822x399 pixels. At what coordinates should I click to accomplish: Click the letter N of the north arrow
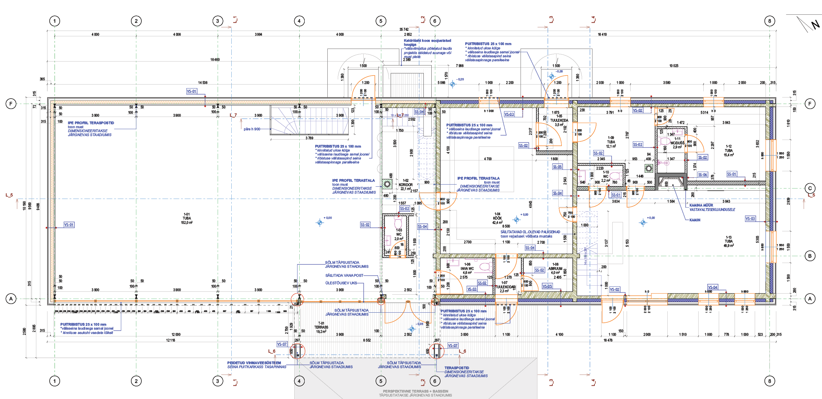click(815, 25)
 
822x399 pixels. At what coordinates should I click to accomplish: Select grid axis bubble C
click(810, 188)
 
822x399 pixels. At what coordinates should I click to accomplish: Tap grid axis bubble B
click(810, 256)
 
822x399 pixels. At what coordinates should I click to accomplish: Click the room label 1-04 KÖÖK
click(497, 218)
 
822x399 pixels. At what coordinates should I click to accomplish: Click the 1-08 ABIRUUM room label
click(555, 268)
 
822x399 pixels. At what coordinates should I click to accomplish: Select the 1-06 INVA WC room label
click(467, 268)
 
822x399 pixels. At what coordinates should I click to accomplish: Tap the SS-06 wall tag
click(703, 174)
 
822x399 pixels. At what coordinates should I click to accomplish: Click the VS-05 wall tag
click(547, 286)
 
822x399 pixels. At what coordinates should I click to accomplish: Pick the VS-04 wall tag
click(712, 287)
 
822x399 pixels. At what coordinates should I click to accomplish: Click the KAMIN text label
click(695, 220)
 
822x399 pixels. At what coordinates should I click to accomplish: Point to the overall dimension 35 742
click(404, 30)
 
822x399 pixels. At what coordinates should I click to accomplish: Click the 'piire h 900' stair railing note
click(252, 129)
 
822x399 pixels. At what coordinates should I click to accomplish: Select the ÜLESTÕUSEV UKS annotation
click(341, 283)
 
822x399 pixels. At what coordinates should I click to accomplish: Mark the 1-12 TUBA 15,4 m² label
click(728, 150)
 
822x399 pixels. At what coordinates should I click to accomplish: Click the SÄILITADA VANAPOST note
click(344, 275)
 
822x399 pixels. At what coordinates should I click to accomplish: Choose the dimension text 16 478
click(608, 340)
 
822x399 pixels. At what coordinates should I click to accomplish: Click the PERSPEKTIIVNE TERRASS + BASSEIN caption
click(415, 391)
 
